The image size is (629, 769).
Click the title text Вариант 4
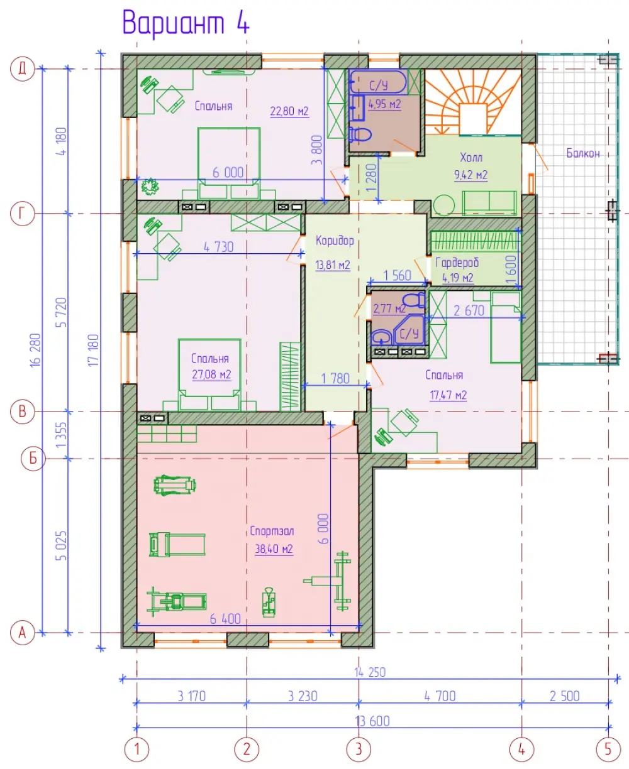pos(186,23)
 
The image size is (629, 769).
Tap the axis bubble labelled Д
pos(22,68)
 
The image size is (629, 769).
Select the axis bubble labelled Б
pos(33,459)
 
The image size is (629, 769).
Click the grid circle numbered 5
pos(608,750)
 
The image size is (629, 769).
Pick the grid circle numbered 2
pos(247,750)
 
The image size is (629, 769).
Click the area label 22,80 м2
pos(289,111)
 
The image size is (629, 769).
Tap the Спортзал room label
pos(272,532)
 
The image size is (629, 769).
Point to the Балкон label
pos(583,153)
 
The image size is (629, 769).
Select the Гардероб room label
pos(457,263)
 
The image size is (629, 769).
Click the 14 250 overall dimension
pos(370,672)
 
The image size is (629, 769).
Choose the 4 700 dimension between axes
pos(440,696)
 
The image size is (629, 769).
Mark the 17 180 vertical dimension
pos(94,350)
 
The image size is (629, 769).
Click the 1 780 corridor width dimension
pos(335,378)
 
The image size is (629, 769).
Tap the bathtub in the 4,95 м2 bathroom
pos(377,82)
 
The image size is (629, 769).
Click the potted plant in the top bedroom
pos(150,187)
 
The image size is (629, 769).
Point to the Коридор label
pos(335,241)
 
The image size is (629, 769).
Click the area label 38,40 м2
pos(274,549)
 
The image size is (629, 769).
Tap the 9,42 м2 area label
pos(470,175)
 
